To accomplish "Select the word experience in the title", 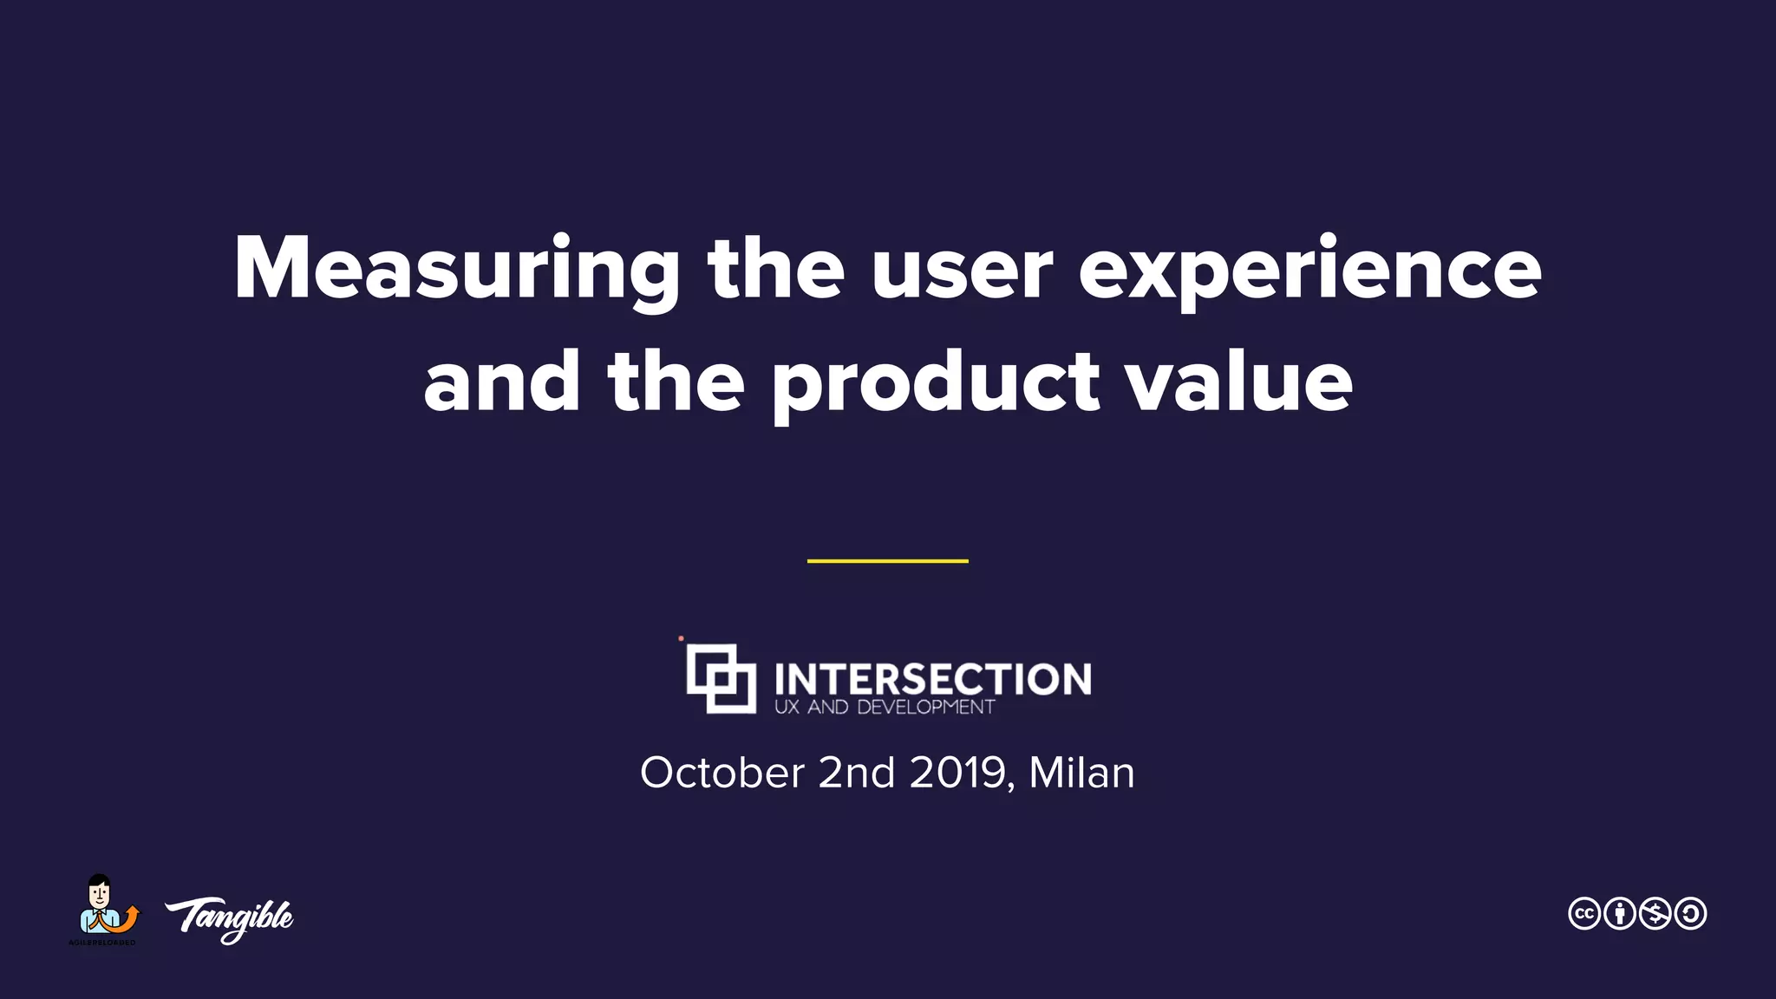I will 1309,271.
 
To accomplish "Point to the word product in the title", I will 935,383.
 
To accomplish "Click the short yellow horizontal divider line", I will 887,561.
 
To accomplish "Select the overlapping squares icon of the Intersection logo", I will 721,678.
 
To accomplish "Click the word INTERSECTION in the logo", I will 932,678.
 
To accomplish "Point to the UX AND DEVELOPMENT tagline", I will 884,707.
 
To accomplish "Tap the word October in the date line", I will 722,772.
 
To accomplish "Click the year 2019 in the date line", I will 957,772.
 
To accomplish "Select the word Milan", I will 1081,772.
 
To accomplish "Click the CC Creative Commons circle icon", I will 1584,913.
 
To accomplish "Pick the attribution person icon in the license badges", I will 1620,913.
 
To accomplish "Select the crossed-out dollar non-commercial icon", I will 1655,913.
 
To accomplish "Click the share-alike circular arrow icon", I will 1691,913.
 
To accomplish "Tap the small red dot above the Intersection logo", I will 681,639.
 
